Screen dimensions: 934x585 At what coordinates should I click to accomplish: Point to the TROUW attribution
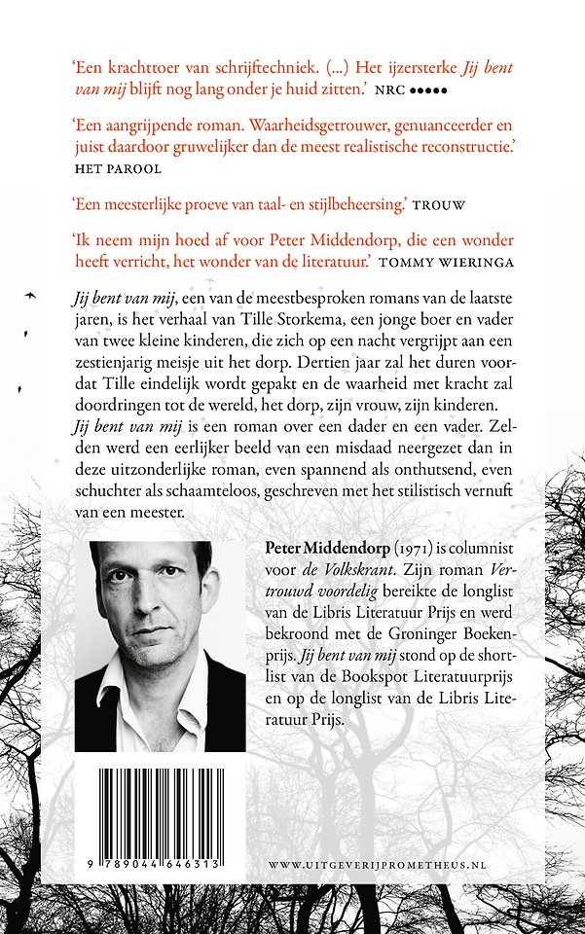coord(440,206)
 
